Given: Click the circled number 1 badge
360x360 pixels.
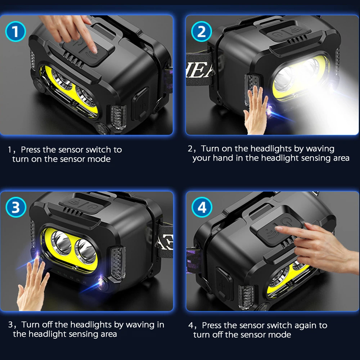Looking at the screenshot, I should (x=15, y=32).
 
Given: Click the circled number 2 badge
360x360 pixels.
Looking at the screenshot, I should (x=201, y=32).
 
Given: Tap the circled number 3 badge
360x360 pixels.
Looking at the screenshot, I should (x=15, y=207).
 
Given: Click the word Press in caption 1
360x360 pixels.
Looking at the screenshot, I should (x=30, y=150).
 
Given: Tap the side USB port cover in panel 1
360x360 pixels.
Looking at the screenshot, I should (x=140, y=104).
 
